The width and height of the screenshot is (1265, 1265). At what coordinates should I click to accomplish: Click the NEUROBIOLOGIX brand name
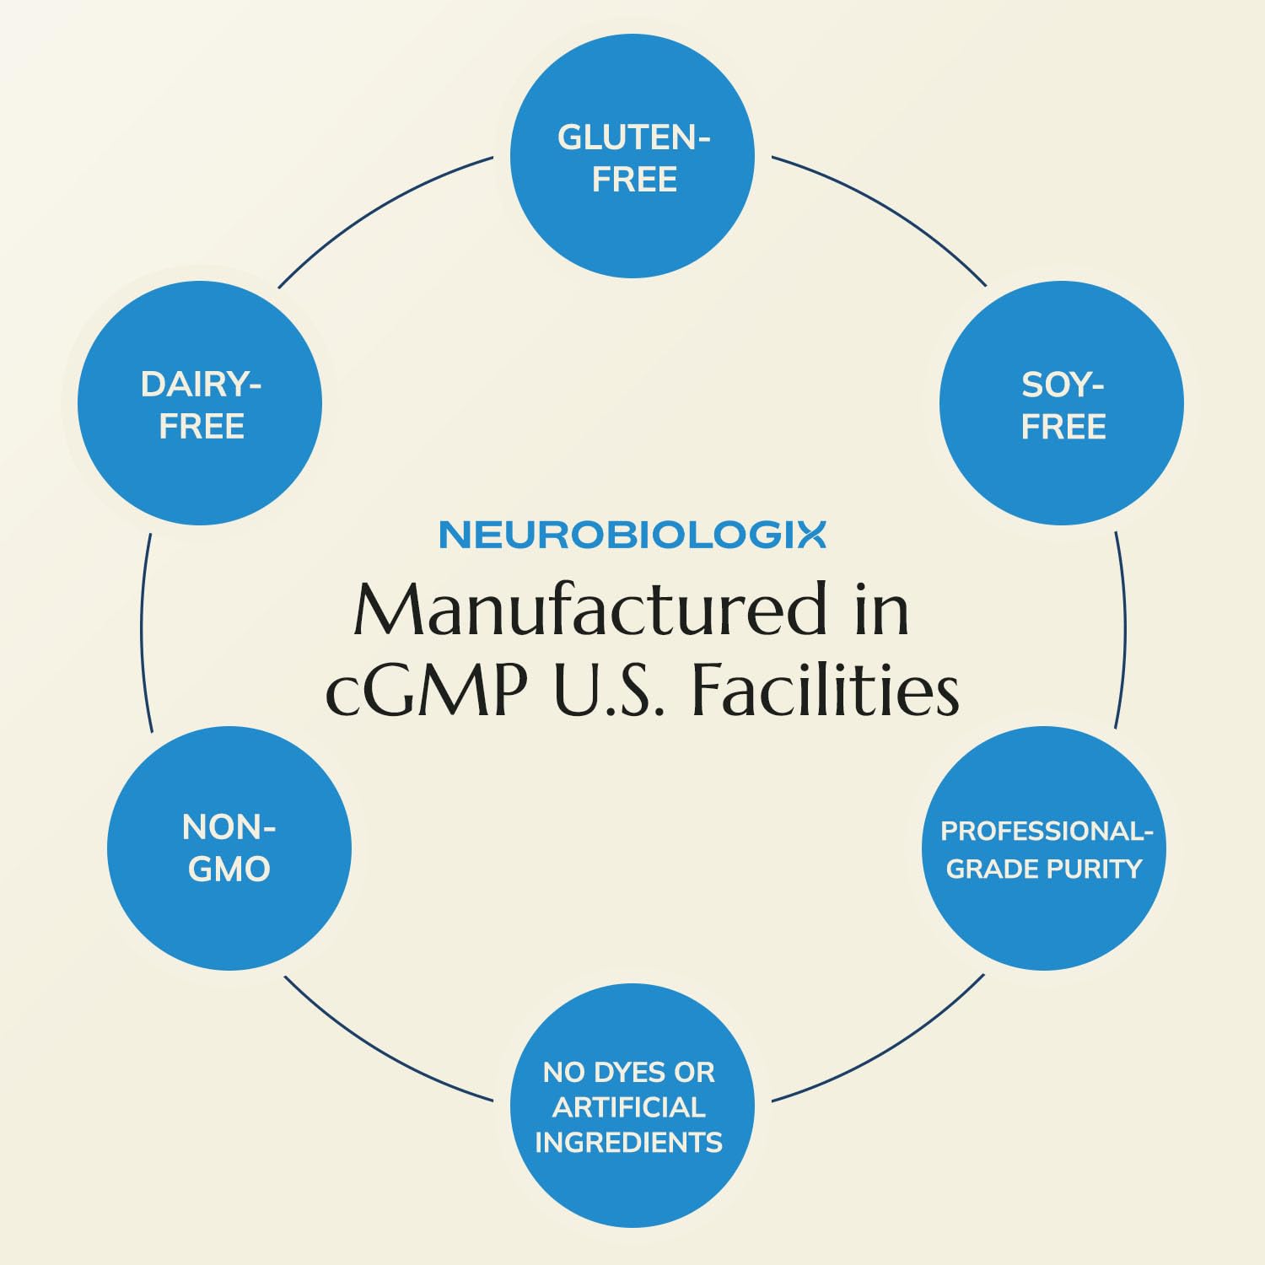[x=632, y=535]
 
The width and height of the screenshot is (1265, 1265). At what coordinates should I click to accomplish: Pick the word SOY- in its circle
[x=1063, y=385]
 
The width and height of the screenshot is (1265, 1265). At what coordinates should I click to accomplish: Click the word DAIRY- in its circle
[x=202, y=385]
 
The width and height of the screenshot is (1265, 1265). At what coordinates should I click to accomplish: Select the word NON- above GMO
[x=229, y=827]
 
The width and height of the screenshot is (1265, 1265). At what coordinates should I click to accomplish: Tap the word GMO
[x=229, y=869]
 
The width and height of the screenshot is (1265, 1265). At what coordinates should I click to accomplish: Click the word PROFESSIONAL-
[x=1047, y=832]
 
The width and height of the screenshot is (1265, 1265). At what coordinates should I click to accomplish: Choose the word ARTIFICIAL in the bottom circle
[x=629, y=1107]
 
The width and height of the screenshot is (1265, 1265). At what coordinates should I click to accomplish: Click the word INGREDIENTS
[x=629, y=1143]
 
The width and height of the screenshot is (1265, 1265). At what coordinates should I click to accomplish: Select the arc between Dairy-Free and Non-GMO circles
[x=142, y=630]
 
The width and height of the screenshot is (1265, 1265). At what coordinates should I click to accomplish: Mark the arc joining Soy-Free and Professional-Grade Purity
[x=1124, y=630]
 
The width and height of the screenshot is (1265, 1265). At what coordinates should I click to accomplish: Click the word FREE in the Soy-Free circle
[x=1063, y=427]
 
